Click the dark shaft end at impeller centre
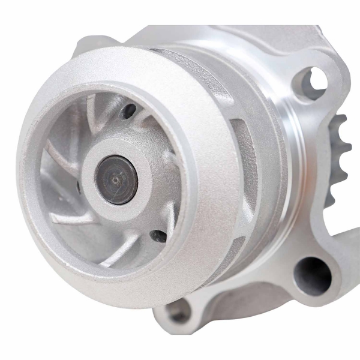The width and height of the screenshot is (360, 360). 118,180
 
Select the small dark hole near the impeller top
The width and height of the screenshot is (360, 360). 128,111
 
